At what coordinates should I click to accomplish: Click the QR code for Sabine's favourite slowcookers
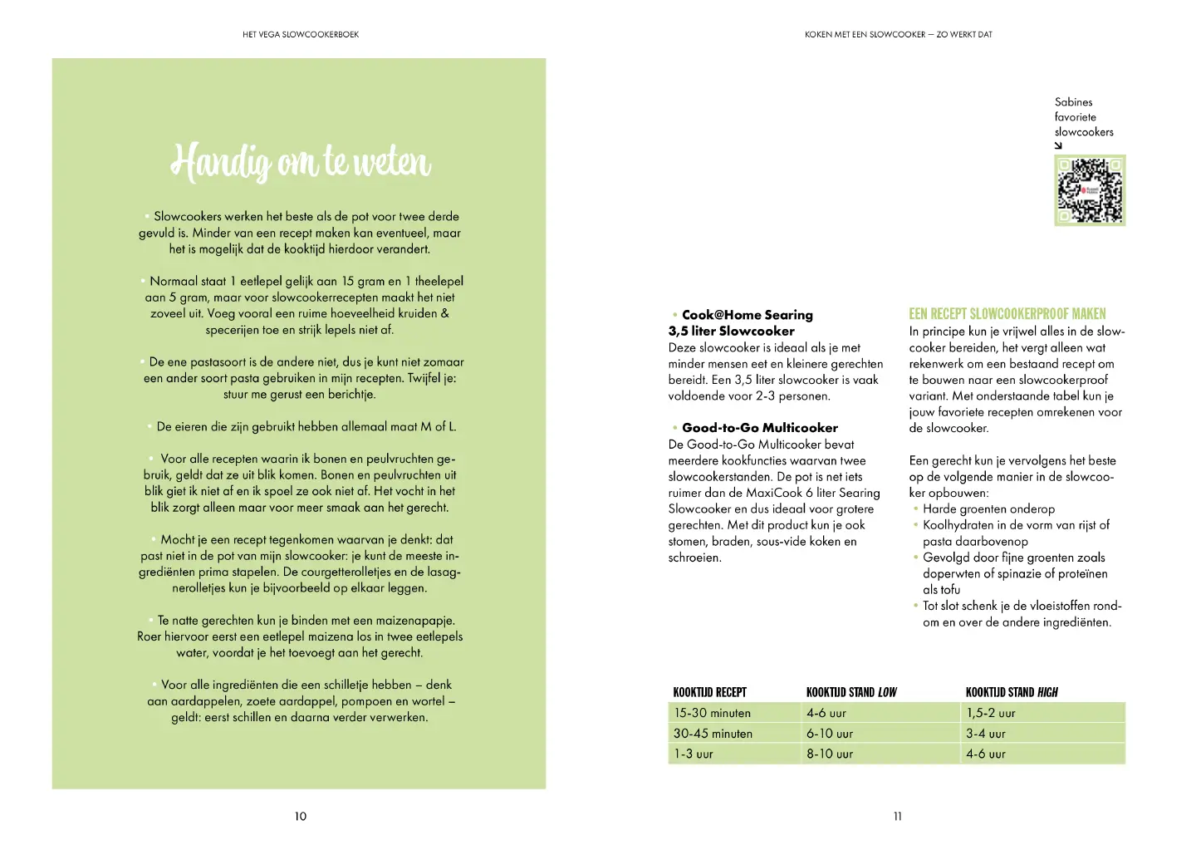[1090, 190]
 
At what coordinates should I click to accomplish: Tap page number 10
[301, 817]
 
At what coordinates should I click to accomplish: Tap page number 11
[898, 817]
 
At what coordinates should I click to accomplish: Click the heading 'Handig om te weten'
[301, 161]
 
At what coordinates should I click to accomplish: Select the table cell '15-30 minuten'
[713, 713]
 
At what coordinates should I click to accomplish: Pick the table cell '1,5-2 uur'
[991, 713]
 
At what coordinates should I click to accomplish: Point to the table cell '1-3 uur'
[694, 754]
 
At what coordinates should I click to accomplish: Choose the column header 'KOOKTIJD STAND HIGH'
[1012, 692]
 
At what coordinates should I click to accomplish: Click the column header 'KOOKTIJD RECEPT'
[710, 692]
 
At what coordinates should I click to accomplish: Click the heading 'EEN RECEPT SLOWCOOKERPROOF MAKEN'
[1007, 314]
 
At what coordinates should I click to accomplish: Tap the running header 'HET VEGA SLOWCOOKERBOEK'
[301, 35]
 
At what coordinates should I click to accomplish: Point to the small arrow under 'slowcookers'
[1059, 145]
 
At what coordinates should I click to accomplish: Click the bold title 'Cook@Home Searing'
[747, 315]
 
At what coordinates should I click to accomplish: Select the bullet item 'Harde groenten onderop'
[988, 509]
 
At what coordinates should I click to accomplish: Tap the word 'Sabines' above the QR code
[1074, 102]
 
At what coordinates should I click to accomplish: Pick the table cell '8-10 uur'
[830, 754]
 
